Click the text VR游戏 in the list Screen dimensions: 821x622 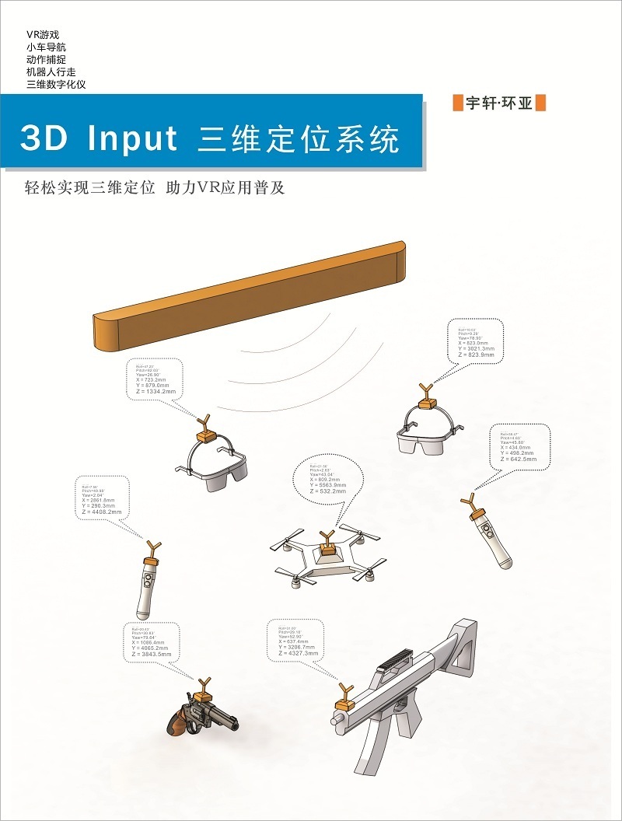click(43, 35)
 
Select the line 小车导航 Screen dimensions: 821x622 click(46, 47)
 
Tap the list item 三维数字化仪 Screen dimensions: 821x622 click(56, 83)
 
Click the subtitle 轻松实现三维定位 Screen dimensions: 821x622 click(90, 189)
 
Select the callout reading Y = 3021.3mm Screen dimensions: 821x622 click(476, 341)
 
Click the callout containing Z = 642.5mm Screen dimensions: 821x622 click(519, 447)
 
